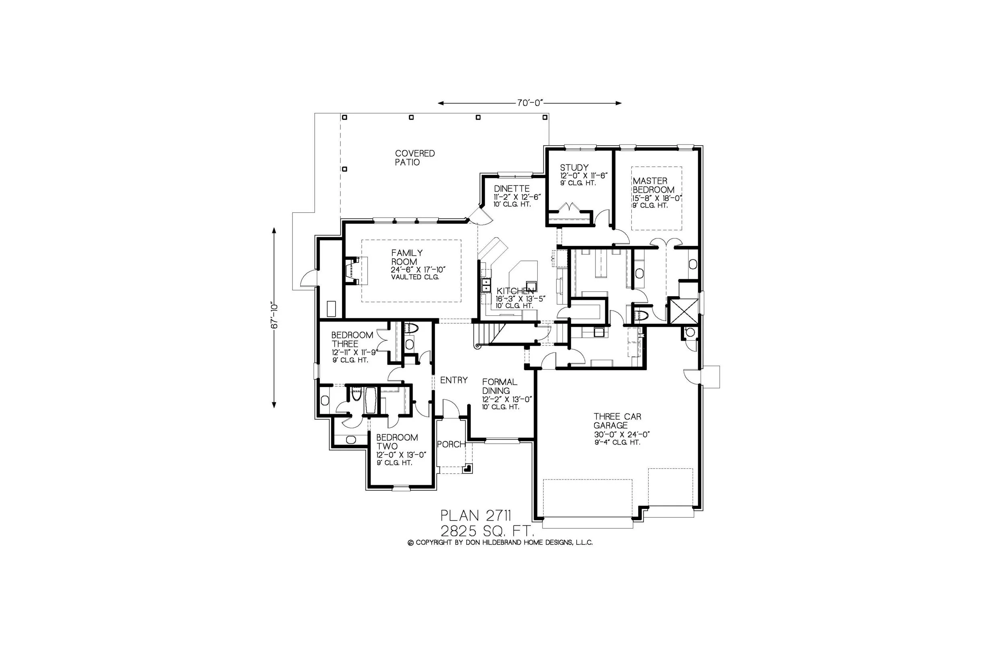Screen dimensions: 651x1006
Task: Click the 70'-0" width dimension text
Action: tap(529, 103)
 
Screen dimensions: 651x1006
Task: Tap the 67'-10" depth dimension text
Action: tap(274, 316)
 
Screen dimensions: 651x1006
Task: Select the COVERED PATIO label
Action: tap(414, 158)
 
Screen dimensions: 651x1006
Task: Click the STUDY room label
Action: tap(574, 167)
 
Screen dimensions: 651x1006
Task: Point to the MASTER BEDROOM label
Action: tap(653, 185)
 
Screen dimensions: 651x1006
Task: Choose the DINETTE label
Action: tap(511, 189)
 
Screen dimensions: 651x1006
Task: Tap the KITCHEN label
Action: tap(515, 291)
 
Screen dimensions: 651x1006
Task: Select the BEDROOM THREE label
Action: tap(352, 340)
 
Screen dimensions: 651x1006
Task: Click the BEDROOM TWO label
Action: tap(396, 442)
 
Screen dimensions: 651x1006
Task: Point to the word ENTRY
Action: tap(454, 380)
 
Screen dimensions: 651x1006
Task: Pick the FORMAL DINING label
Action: tap(499, 386)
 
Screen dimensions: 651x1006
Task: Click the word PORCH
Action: tap(451, 444)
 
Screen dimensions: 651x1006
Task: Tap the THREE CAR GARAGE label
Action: tap(617, 421)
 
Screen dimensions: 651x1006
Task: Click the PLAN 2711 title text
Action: tap(476, 515)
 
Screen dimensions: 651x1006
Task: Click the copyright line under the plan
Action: tap(500, 542)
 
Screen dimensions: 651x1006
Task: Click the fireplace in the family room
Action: tap(352, 270)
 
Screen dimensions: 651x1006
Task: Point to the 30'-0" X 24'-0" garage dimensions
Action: tap(621, 435)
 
